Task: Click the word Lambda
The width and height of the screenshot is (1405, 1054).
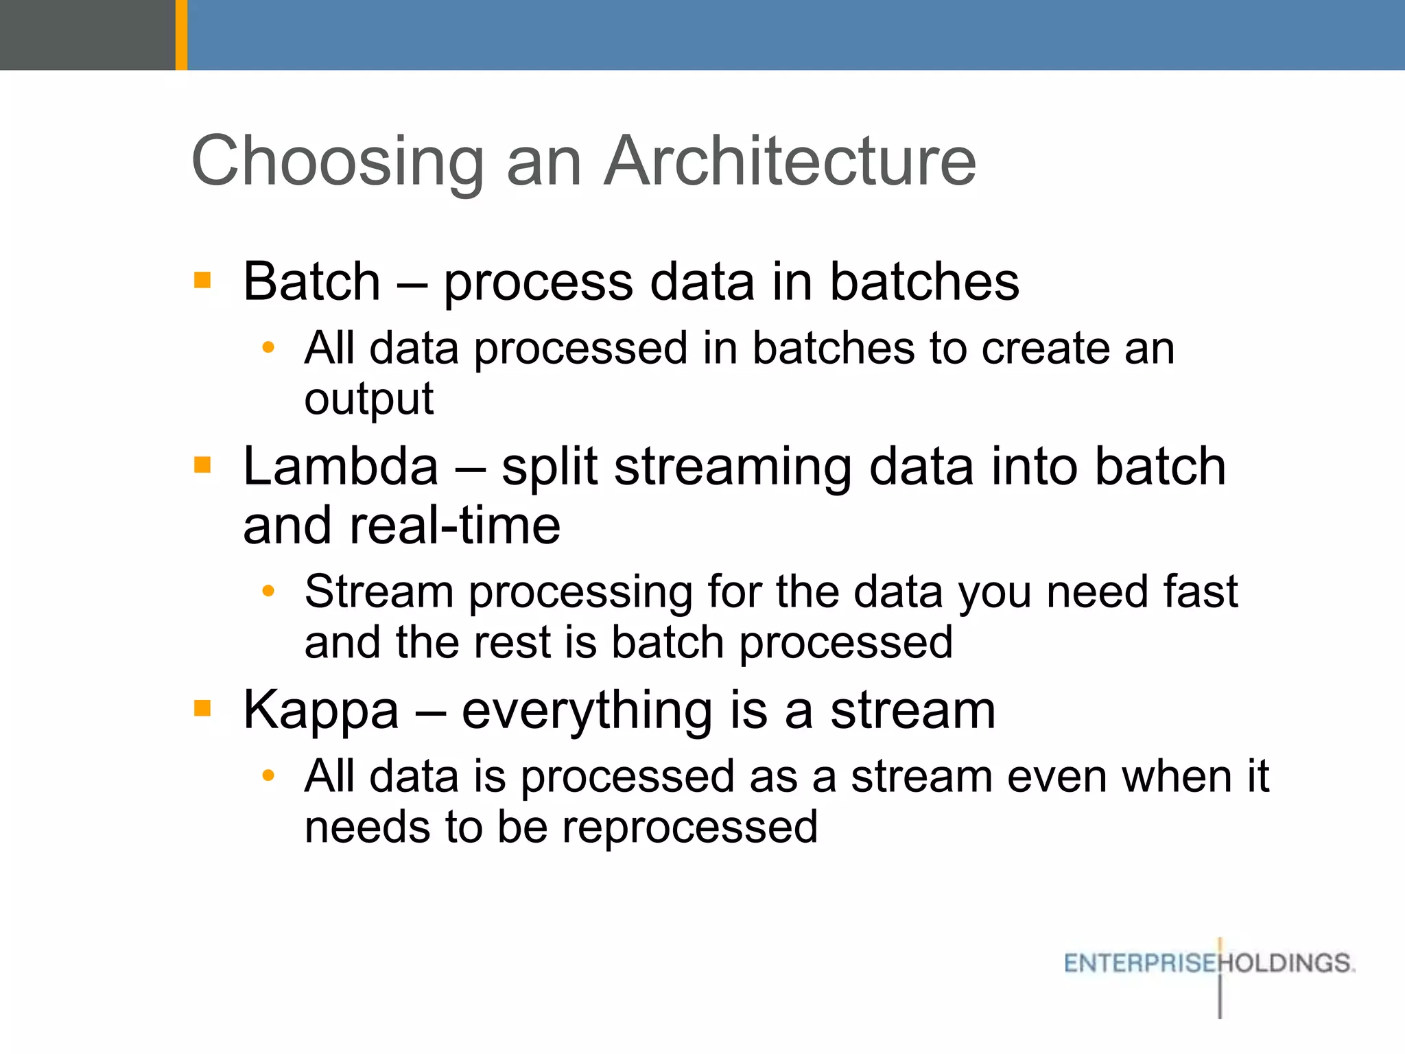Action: pos(340,467)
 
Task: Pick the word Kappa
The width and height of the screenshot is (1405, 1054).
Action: pos(320,711)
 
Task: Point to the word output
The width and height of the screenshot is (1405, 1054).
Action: pos(368,399)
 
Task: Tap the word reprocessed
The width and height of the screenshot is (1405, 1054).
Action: pos(689,828)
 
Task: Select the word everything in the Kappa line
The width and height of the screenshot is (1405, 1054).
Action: pos(587,711)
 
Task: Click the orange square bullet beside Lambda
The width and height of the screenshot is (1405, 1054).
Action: pos(202,465)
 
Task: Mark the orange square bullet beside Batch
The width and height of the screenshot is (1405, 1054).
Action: pos(202,279)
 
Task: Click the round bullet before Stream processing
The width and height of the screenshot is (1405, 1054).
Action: pos(268,591)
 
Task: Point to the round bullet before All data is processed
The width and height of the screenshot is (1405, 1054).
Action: pos(268,776)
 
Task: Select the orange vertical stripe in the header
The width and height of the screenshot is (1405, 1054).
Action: pos(181,34)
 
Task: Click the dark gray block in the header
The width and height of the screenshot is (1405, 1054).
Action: pos(87,34)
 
